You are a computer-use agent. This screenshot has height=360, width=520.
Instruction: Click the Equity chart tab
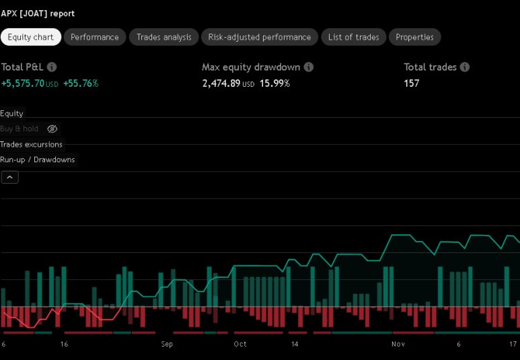click(30, 37)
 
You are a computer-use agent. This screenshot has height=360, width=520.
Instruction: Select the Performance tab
click(94, 37)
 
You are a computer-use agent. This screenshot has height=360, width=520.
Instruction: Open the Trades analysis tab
click(163, 37)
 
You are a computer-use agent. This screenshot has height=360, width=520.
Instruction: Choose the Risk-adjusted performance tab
click(260, 37)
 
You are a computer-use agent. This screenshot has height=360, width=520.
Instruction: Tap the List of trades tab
click(353, 37)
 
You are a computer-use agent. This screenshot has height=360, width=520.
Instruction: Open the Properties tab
click(414, 37)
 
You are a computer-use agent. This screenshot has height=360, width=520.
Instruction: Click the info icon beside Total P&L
click(52, 67)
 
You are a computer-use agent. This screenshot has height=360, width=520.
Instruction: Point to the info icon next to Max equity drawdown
click(308, 67)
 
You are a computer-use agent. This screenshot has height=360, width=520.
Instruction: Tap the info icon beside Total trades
click(465, 67)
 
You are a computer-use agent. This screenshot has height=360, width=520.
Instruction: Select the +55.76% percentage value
click(81, 83)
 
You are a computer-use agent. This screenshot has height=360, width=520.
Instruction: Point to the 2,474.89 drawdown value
click(221, 83)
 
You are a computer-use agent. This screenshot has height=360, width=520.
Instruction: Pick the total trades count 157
click(411, 83)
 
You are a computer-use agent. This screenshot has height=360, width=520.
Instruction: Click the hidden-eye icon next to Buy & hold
click(52, 129)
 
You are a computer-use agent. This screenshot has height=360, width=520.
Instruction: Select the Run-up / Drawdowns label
click(38, 159)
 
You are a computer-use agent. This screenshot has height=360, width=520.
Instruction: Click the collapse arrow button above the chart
click(10, 178)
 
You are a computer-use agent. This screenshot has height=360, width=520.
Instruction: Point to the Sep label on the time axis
click(167, 344)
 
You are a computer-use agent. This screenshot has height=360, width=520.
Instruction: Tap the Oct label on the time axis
click(240, 344)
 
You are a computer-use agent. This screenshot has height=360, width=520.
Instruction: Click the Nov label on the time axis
click(398, 344)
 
